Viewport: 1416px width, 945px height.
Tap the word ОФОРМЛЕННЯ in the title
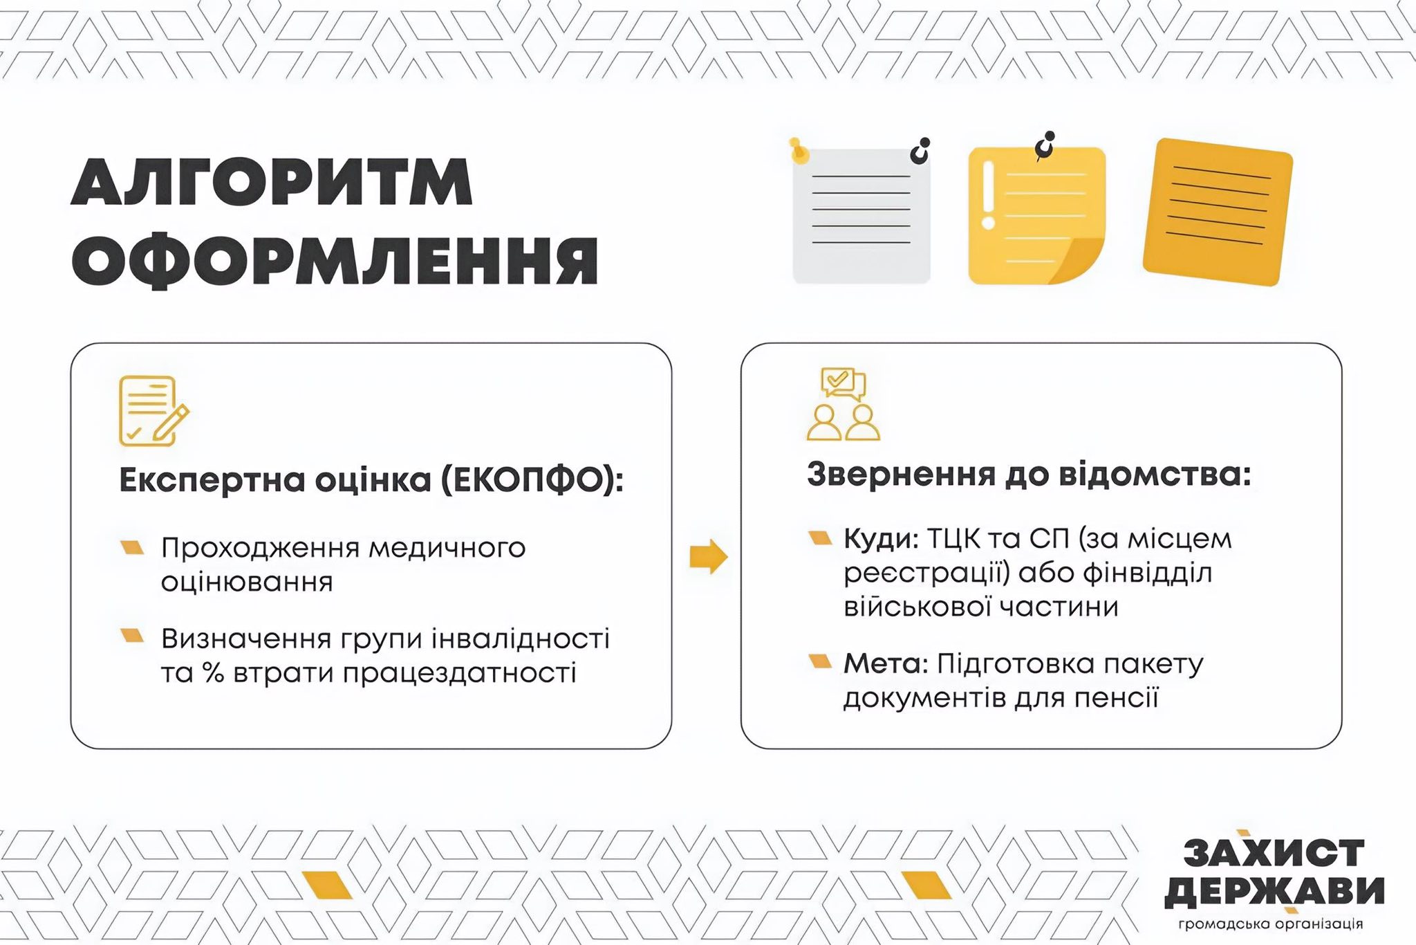click(x=335, y=261)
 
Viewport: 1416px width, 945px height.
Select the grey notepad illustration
click(x=861, y=215)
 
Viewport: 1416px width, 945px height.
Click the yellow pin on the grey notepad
click(x=799, y=150)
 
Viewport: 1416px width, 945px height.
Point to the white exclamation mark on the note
click(x=988, y=195)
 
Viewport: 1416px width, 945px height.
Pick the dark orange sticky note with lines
click(x=1218, y=212)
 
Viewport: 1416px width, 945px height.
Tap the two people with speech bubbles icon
click(x=843, y=404)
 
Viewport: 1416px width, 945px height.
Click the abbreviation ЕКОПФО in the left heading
click(x=528, y=480)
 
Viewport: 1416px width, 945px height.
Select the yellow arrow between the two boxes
click(x=709, y=557)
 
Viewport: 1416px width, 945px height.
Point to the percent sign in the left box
click(x=214, y=672)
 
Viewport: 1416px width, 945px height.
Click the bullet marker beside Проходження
click(x=132, y=547)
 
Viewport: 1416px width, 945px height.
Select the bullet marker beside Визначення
click(x=132, y=635)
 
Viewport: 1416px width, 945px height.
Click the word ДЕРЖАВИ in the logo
click(x=1274, y=892)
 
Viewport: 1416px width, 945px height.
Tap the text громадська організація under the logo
click(x=1271, y=924)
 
